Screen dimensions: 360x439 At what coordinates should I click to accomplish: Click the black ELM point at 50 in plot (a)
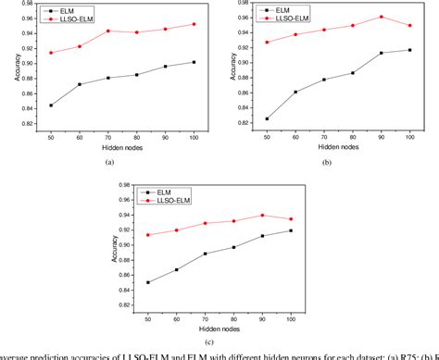50,105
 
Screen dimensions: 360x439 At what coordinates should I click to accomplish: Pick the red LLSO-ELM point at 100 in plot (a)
193,24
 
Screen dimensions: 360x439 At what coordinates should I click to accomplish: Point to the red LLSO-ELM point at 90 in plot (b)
382,17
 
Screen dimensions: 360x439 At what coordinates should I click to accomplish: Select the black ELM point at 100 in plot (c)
293,230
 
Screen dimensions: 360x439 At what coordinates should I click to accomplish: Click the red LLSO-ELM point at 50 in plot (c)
149,235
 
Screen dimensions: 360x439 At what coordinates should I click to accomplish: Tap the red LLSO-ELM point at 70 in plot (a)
107,31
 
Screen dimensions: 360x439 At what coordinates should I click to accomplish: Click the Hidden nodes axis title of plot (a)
120,147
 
